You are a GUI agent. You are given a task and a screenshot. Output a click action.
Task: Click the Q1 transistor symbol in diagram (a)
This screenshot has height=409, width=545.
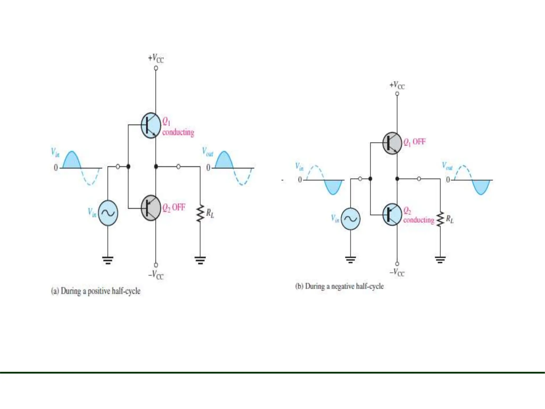151,125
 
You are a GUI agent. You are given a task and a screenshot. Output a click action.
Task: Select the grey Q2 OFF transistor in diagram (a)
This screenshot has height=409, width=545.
151,208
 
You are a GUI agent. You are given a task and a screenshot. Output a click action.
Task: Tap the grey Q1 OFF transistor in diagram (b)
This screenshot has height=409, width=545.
392,143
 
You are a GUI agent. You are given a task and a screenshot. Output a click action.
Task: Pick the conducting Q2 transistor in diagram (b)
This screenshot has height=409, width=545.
392,215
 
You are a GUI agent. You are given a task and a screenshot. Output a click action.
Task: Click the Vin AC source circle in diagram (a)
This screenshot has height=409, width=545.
108,213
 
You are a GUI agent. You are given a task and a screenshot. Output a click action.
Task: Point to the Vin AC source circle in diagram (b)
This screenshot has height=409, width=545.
350,219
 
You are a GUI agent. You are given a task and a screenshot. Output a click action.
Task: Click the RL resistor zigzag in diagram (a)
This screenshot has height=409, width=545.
200,213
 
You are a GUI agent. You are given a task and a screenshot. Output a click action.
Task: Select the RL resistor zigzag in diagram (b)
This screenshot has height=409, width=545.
440,219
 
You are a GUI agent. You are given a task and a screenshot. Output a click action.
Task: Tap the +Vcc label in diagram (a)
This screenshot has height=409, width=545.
156,58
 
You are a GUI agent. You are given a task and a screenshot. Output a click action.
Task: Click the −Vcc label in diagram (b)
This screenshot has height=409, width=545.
397,272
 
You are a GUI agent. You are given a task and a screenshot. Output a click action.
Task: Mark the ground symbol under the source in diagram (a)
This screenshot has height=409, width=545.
108,260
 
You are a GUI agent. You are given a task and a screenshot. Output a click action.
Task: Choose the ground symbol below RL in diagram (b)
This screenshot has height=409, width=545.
440,259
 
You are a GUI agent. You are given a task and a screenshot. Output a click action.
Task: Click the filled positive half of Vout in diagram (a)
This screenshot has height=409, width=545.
224,161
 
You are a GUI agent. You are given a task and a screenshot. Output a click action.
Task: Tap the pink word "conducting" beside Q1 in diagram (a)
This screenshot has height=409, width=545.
178,132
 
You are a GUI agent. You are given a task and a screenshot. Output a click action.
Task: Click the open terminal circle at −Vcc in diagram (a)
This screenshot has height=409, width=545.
156,265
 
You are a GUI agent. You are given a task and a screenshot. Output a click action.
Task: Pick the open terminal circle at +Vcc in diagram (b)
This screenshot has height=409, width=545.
397,94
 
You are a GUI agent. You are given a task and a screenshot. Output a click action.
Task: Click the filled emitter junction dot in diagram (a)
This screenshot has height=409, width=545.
156,167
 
